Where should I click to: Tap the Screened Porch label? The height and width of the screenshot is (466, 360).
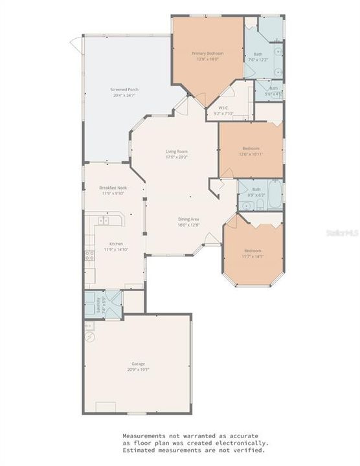(x=124, y=89)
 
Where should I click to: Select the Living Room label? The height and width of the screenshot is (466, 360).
(x=175, y=151)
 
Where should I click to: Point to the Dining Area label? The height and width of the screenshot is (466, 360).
(x=188, y=219)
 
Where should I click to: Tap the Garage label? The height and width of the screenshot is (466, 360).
(x=137, y=364)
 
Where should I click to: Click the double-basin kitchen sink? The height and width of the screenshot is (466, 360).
(x=102, y=221)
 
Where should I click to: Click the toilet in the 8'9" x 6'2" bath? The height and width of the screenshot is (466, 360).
(x=258, y=205)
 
